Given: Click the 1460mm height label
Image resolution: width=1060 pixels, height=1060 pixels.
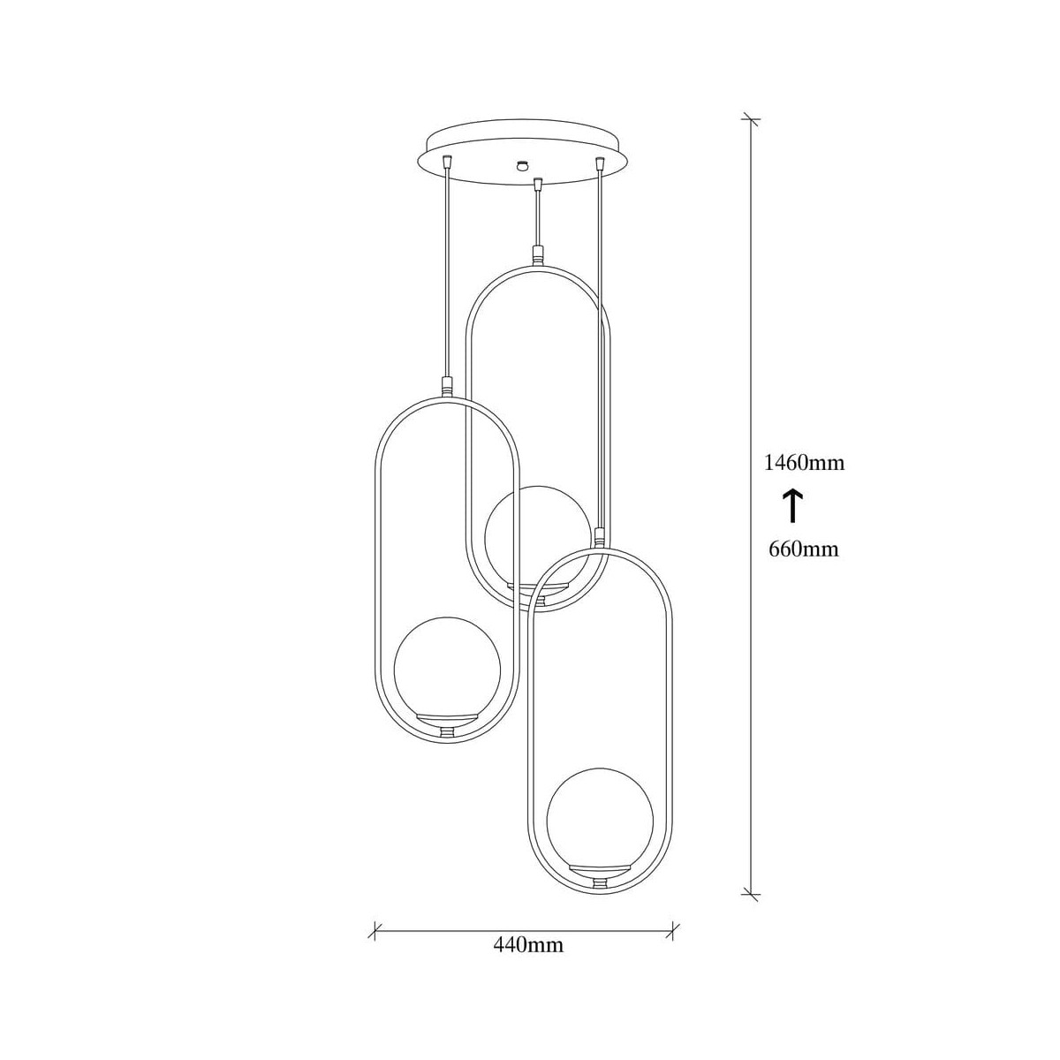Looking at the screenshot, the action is [x=804, y=463].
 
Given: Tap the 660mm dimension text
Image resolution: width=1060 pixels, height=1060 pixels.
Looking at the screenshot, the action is [x=804, y=549].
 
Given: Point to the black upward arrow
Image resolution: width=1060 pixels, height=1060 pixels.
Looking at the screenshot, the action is [x=792, y=505].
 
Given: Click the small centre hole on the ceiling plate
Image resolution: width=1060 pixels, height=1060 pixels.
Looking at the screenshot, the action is [x=520, y=164].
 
